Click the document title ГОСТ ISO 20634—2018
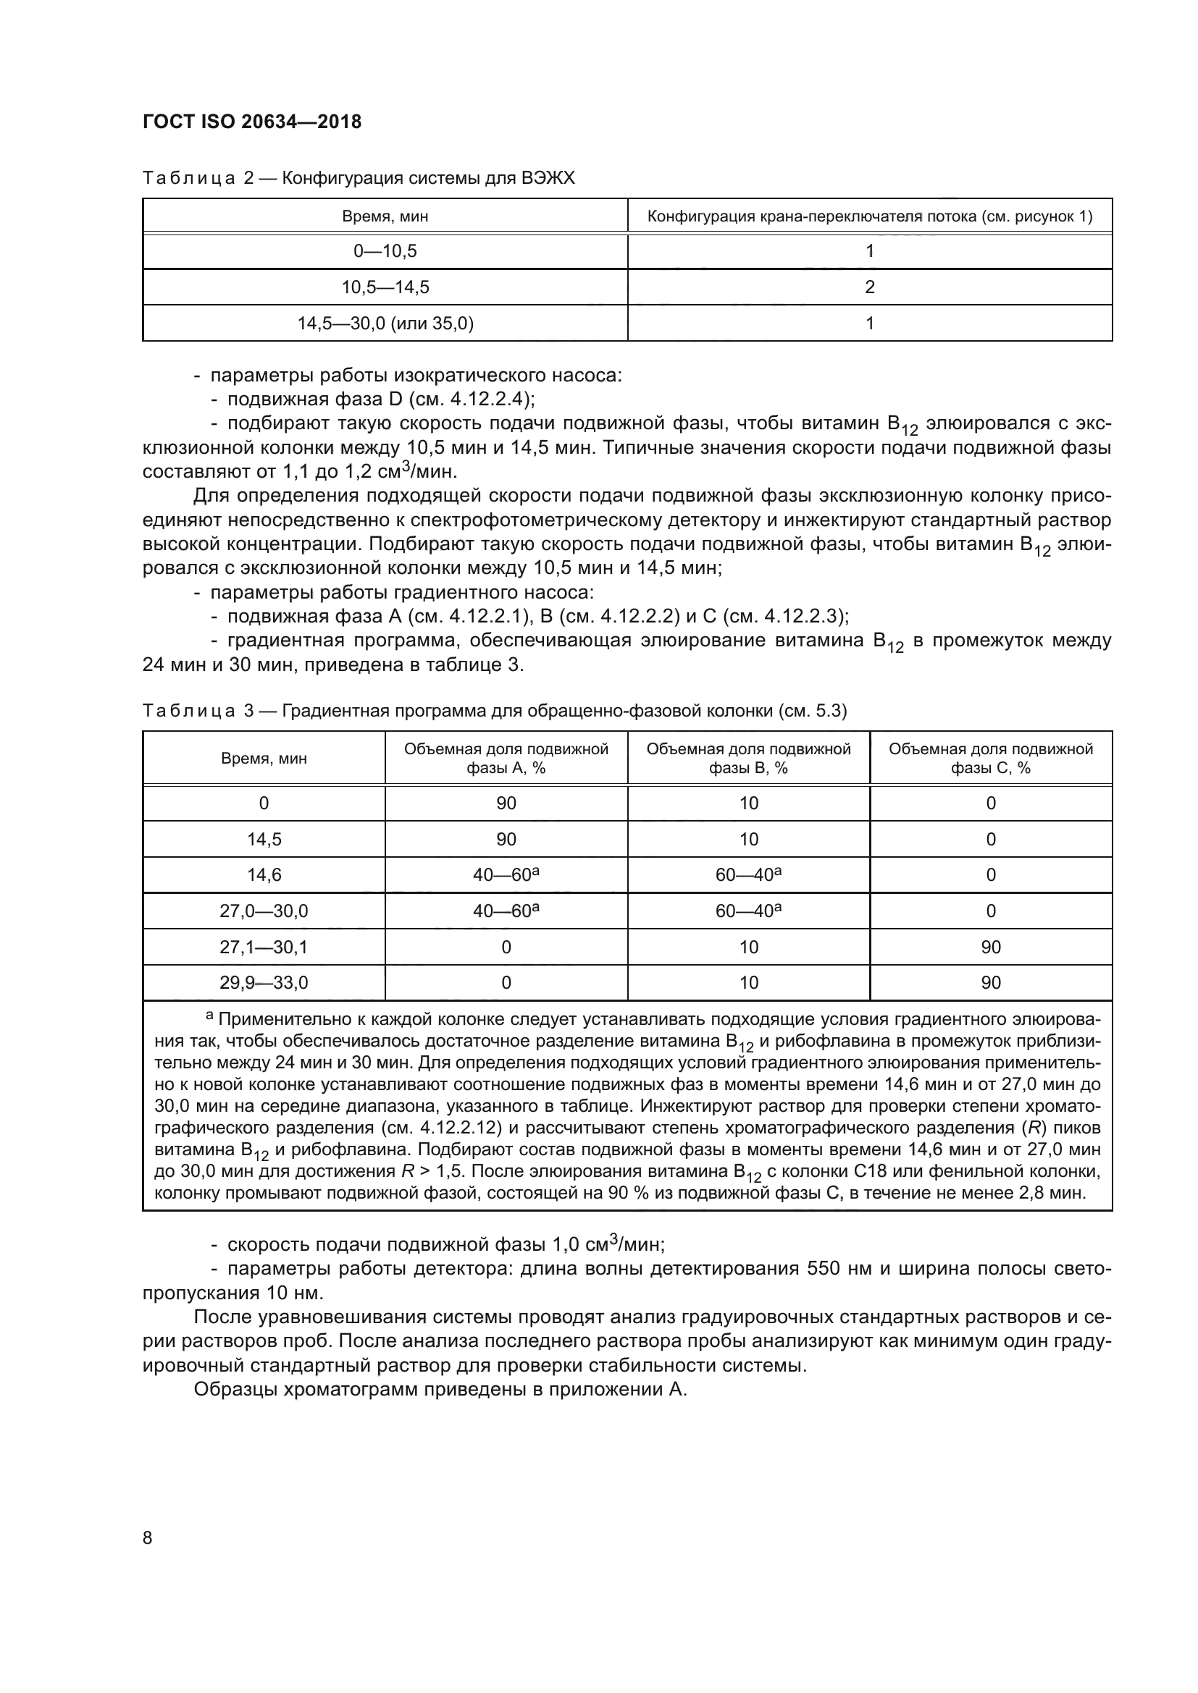pyautogui.click(x=251, y=122)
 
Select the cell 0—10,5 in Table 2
pyautogui.click(x=385, y=251)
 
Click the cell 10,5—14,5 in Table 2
pyautogui.click(x=385, y=287)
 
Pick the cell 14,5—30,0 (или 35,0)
pyautogui.click(x=385, y=323)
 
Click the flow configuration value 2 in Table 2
pyautogui.click(x=869, y=287)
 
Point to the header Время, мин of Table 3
pyautogui.click(x=264, y=758)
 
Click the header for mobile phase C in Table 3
pyautogui.click(x=990, y=758)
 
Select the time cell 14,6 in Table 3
pyautogui.click(x=264, y=874)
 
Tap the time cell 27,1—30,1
pyautogui.click(x=264, y=947)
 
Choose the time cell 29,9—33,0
pyautogui.click(x=264, y=982)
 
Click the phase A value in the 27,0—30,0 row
pyautogui.click(x=506, y=911)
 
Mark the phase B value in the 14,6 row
pyautogui.click(x=748, y=874)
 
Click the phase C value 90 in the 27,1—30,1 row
pyautogui.click(x=990, y=947)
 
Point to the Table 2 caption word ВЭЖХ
pyautogui.click(x=548, y=178)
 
